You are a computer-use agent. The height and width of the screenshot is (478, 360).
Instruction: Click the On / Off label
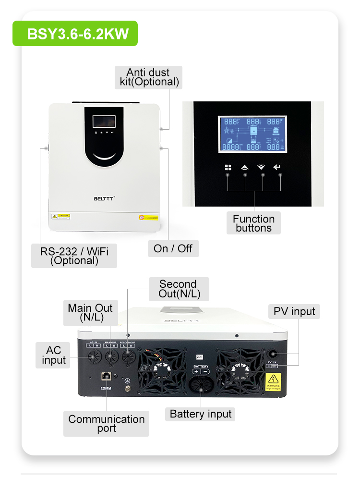(173, 248)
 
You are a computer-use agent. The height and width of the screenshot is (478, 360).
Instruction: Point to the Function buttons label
(253, 223)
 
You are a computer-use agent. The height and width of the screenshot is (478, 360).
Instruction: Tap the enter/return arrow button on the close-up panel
(276, 167)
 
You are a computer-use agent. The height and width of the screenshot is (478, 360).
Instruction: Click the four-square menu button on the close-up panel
(228, 167)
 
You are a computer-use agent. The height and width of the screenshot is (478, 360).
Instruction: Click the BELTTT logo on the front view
(103, 197)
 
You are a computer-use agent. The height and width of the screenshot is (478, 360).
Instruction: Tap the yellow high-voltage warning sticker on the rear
(273, 382)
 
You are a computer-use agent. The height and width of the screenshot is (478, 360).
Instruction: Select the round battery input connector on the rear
(201, 386)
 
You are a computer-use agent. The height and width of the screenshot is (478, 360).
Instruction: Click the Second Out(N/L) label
(178, 289)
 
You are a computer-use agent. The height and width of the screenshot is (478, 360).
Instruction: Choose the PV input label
(294, 311)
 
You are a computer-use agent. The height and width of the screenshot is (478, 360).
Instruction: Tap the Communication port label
(107, 423)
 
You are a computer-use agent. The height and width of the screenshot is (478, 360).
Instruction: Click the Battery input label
(201, 414)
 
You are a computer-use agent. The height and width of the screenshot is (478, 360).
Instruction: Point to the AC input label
(54, 355)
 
